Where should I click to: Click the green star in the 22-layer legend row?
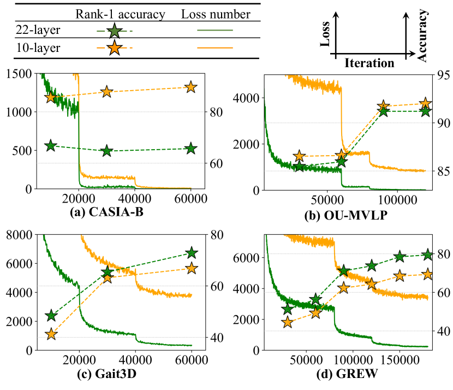[x=115, y=30]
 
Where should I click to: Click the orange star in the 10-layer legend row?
[x=115, y=48]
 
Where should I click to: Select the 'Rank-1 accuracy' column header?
[x=121, y=14]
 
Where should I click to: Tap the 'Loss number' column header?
[x=208, y=14]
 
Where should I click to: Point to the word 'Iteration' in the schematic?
[x=369, y=63]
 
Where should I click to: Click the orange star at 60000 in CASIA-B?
[x=190, y=87]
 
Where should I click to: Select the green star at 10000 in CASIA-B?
[x=51, y=146]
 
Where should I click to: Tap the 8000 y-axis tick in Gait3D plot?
[x=19, y=235]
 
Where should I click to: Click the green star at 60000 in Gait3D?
[x=191, y=253]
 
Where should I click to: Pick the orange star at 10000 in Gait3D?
[x=51, y=334]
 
